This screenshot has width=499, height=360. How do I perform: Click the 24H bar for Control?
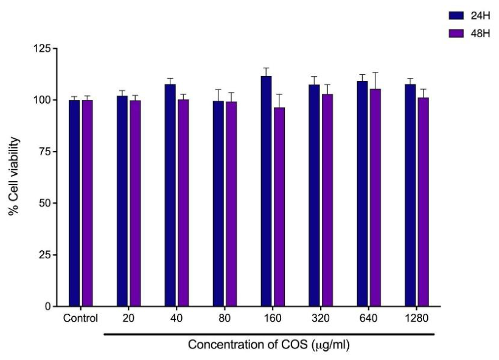click(x=74, y=203)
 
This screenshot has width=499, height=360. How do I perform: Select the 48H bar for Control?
click(x=87, y=203)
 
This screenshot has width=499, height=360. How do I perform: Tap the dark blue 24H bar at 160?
click(x=267, y=191)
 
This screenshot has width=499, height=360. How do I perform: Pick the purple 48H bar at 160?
click(x=279, y=206)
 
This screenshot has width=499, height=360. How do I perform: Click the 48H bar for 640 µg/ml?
click(x=375, y=197)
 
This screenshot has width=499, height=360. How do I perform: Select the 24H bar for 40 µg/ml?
click(x=170, y=195)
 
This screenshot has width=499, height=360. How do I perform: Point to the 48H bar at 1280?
click(x=424, y=202)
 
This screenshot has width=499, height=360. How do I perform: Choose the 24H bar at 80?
click(x=218, y=203)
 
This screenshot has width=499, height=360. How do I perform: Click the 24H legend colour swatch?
click(x=456, y=16)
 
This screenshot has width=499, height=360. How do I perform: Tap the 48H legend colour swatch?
click(x=456, y=34)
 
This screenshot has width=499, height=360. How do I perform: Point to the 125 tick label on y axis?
click(x=42, y=48)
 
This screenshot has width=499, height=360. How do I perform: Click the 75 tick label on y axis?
click(x=45, y=152)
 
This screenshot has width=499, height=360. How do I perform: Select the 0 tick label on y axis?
click(x=48, y=306)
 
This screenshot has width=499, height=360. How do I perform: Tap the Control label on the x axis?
click(x=80, y=318)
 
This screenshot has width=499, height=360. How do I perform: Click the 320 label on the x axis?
click(x=321, y=318)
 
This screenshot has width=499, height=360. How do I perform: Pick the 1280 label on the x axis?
click(x=417, y=318)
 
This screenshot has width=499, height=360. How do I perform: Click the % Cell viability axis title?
click(x=13, y=176)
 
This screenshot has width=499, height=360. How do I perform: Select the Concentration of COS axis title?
click(x=269, y=345)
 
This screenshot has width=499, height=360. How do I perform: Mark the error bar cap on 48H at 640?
click(x=375, y=72)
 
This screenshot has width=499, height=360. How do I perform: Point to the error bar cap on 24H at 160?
click(x=267, y=68)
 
